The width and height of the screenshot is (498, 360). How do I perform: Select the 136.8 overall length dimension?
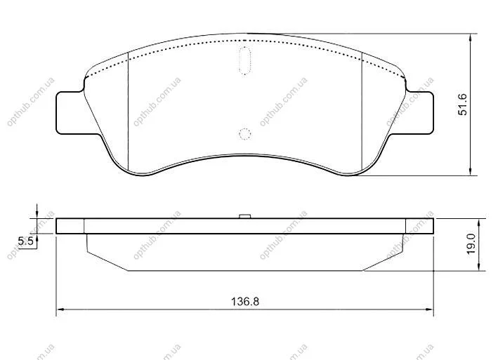pyautogui.click(x=245, y=301)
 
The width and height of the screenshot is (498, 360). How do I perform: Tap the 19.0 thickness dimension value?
pyautogui.click(x=471, y=244)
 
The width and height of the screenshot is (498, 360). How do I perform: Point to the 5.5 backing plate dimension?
pyautogui.click(x=25, y=241)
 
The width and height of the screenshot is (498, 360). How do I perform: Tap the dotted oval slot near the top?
pyautogui.click(x=244, y=60)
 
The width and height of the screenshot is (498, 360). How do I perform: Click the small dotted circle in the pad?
pyautogui.click(x=244, y=134)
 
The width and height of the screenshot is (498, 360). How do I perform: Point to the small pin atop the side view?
pyautogui.click(x=245, y=216)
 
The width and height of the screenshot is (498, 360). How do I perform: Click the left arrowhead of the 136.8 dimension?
pyautogui.click(x=60, y=308)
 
